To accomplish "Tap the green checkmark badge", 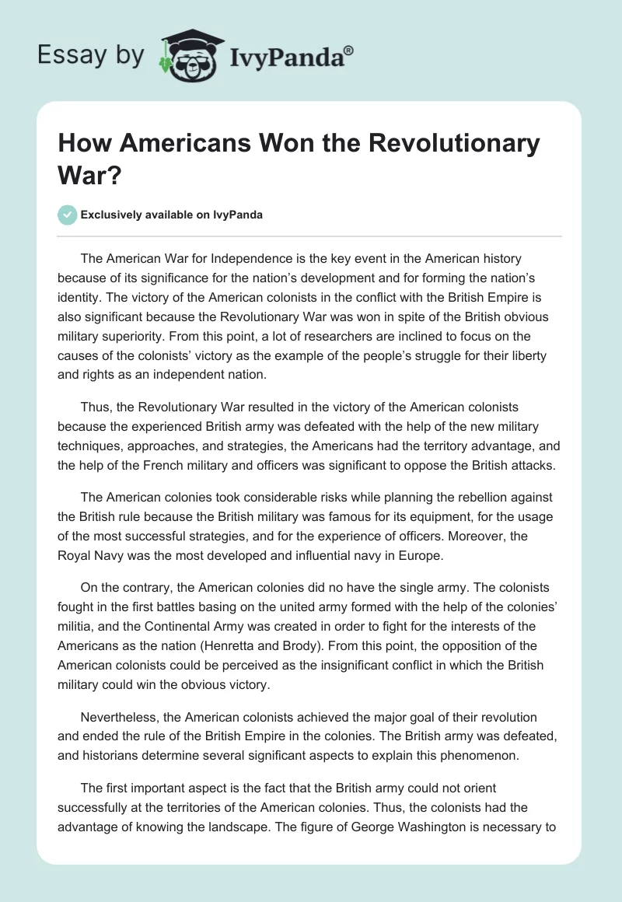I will coord(68,215).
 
